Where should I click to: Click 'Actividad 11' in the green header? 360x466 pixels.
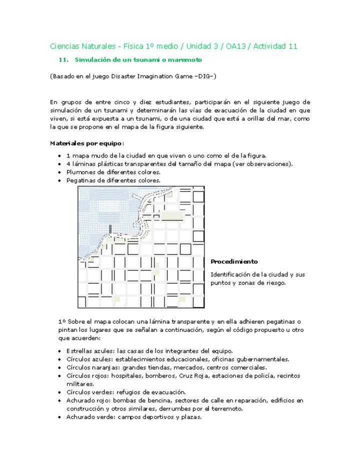click(275, 46)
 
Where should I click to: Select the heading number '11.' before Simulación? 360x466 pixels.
click(63, 60)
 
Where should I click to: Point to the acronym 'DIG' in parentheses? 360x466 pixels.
click(202, 76)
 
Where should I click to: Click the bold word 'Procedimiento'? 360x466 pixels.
click(234, 261)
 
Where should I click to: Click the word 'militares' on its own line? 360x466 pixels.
click(80, 384)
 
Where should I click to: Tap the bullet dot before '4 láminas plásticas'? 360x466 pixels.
click(60, 163)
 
